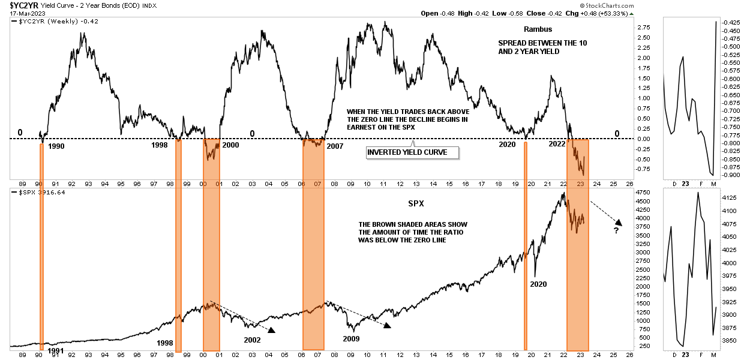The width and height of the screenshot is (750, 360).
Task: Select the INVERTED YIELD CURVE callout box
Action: tap(413, 152)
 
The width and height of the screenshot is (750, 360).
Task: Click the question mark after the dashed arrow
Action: tap(616, 230)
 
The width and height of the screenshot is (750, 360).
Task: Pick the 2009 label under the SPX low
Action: tap(351, 339)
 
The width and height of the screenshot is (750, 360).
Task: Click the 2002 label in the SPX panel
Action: tap(253, 340)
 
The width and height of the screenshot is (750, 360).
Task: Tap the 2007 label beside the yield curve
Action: tap(334, 146)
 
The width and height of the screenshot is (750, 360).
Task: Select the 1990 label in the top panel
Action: tap(56, 146)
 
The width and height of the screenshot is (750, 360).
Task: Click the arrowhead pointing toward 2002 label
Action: tap(271, 329)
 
